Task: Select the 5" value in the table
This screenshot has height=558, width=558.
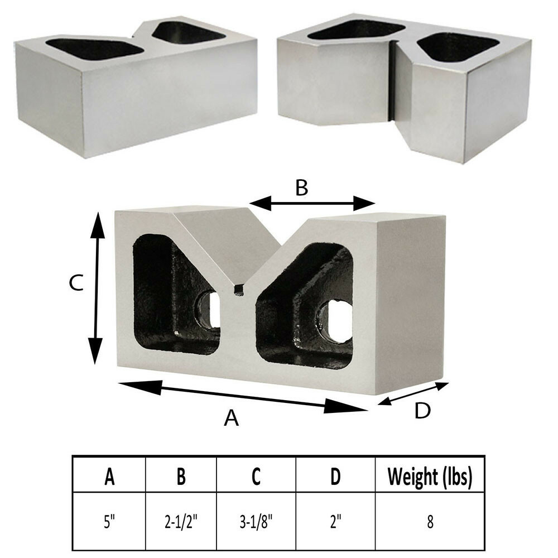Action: (x=109, y=522)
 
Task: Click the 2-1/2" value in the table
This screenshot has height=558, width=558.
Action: (x=181, y=522)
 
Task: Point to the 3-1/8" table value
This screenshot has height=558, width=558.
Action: (x=256, y=522)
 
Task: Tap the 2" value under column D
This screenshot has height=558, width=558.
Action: (x=335, y=522)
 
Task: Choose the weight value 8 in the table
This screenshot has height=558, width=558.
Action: (x=430, y=522)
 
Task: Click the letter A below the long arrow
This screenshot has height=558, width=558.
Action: (x=231, y=417)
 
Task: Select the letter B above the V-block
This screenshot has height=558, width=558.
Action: (x=301, y=188)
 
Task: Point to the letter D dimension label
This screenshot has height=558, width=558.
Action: (x=422, y=411)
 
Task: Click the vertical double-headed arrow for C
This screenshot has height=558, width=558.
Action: (x=97, y=288)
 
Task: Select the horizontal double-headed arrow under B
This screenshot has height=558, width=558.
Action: (x=312, y=204)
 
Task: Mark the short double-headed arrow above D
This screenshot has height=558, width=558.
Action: (x=413, y=393)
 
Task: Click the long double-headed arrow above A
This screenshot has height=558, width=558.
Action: (x=243, y=396)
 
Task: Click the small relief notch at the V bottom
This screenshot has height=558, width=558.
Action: (x=239, y=290)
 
